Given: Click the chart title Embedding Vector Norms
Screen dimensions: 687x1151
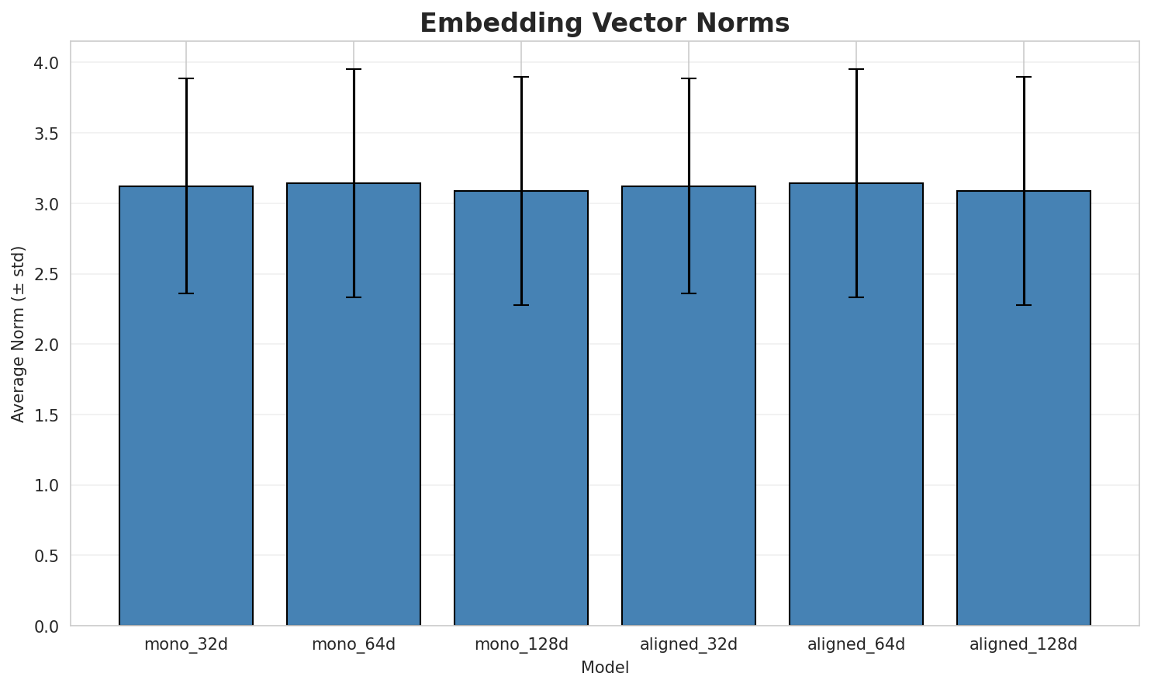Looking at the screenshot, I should click(x=604, y=23).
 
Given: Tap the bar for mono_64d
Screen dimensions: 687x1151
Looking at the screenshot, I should click(x=354, y=404).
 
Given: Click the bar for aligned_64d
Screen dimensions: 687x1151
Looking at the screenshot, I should click(x=856, y=404).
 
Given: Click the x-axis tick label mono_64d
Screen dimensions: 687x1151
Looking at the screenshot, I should click(x=354, y=644).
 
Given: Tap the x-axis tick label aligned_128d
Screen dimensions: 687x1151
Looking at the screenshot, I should click(x=1024, y=644).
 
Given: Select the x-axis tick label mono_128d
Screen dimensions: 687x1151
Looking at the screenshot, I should click(x=521, y=644).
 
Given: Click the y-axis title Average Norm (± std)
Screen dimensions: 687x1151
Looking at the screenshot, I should click(x=19, y=334).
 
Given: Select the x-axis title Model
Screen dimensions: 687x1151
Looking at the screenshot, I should click(x=604, y=668).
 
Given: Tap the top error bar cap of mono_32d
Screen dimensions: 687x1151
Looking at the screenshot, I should click(x=186, y=78).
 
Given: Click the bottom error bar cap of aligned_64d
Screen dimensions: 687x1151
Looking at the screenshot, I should click(x=856, y=297).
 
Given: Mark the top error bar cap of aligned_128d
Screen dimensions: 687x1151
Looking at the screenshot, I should click(x=1024, y=77).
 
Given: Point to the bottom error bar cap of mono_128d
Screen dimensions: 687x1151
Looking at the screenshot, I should click(x=521, y=305).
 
